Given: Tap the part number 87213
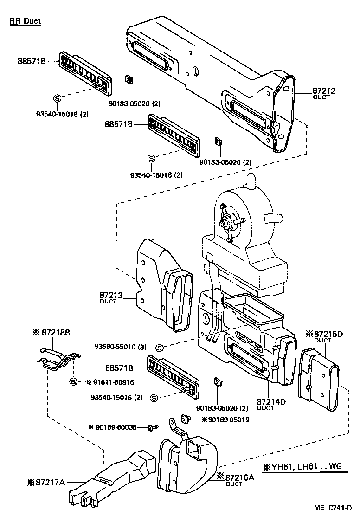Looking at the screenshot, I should [x=110, y=295].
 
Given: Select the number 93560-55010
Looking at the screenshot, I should [x=120, y=347].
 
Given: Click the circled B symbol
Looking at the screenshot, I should [x=73, y=382].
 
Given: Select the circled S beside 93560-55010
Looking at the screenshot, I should [x=159, y=348].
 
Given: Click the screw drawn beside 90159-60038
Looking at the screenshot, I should [x=152, y=427].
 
